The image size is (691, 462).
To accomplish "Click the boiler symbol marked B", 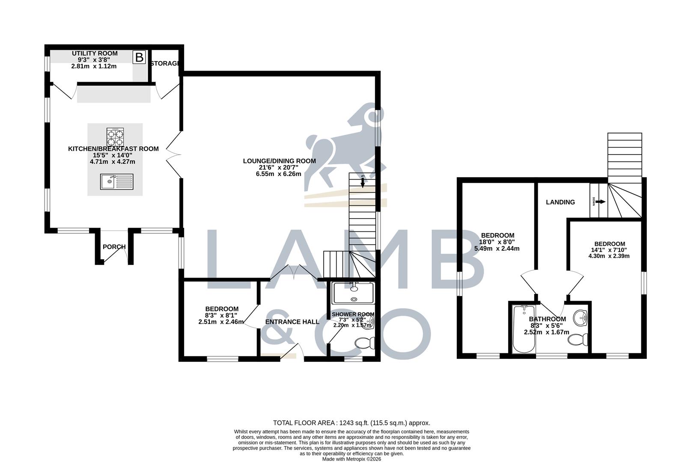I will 139,57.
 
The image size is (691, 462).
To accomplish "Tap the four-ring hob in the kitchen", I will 115,137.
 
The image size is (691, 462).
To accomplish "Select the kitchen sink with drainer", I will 117,181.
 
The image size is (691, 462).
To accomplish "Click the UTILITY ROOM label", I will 95,53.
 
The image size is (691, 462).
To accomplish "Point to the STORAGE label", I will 165,63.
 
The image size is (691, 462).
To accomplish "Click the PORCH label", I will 114,247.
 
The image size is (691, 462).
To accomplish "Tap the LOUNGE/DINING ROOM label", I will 279,161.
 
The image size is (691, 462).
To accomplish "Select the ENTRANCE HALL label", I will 292,322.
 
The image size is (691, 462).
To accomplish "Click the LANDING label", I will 560,202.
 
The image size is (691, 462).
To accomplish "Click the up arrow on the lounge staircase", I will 363,181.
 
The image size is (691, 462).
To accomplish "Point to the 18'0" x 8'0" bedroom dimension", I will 497,242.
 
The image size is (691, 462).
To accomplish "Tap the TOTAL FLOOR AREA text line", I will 351,423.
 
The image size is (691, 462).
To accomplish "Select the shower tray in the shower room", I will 353,293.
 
